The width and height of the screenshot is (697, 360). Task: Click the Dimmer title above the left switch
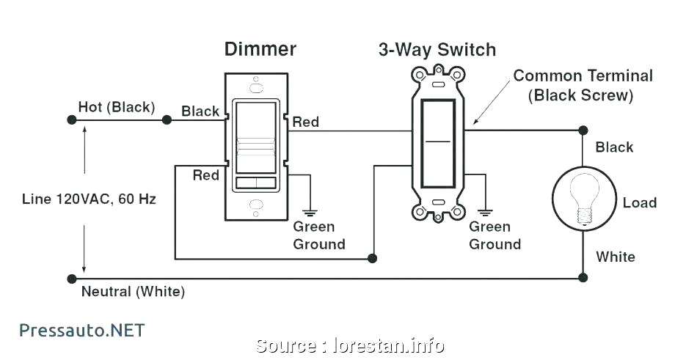click(x=260, y=50)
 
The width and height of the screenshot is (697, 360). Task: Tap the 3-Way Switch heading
click(x=437, y=50)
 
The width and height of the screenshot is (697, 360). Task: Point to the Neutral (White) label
click(x=133, y=292)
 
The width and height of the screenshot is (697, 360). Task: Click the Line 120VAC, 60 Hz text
click(x=89, y=199)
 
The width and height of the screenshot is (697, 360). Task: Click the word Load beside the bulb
click(x=639, y=202)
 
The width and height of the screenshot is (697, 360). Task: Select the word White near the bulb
click(x=615, y=257)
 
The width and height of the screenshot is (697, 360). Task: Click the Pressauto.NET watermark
click(x=81, y=330)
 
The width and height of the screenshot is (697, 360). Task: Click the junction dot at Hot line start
click(x=71, y=119)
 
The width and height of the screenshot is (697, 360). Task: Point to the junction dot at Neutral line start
click(x=71, y=279)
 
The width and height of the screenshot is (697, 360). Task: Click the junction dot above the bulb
click(x=583, y=131)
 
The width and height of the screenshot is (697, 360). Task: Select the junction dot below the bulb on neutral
click(x=583, y=278)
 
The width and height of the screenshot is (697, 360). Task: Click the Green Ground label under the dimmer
click(x=318, y=235)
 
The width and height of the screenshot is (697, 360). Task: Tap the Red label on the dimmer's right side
click(x=306, y=122)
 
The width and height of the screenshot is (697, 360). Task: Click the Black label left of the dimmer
click(x=200, y=111)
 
